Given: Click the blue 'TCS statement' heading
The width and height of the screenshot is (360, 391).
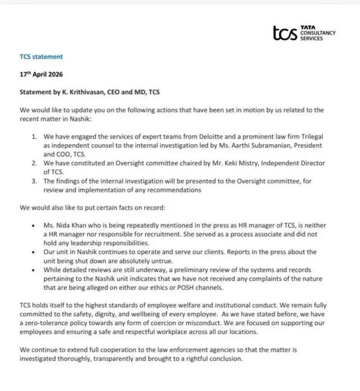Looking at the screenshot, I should click(41, 57).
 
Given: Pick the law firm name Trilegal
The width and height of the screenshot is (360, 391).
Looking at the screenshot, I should click(308, 137).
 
